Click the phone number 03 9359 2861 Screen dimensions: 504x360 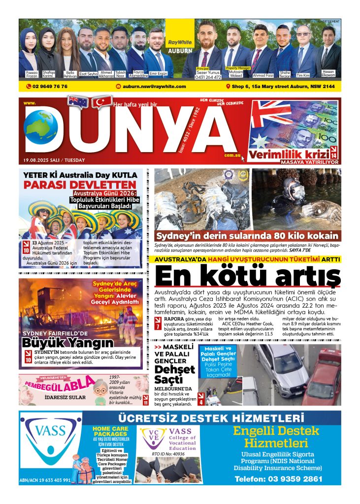(279, 478)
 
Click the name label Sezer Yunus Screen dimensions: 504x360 (208, 72)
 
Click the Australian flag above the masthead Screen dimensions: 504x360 (78, 101)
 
